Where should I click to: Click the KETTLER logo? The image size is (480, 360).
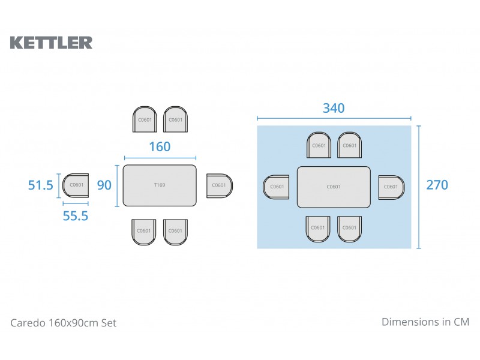51,43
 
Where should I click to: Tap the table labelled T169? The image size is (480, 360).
160,185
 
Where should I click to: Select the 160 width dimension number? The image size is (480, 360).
160,146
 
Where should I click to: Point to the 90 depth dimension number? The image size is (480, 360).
104,185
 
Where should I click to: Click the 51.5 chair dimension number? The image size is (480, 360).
40,185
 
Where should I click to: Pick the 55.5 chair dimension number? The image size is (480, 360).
76,216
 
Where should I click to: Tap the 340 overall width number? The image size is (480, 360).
334,108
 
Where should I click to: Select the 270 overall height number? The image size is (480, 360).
437,185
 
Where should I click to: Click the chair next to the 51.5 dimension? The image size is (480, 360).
76,185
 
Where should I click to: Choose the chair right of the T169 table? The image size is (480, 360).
220,185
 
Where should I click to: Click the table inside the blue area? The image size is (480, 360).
334,187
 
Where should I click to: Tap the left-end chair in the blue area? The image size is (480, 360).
276,187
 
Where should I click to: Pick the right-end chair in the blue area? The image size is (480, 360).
392,187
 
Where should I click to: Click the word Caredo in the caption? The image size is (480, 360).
28,323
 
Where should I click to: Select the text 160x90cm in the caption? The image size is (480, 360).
73,323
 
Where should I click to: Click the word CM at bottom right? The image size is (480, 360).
461,322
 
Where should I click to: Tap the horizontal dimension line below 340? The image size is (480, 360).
334,118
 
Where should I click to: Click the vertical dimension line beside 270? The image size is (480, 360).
419,187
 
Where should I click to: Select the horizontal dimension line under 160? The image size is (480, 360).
160,158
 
